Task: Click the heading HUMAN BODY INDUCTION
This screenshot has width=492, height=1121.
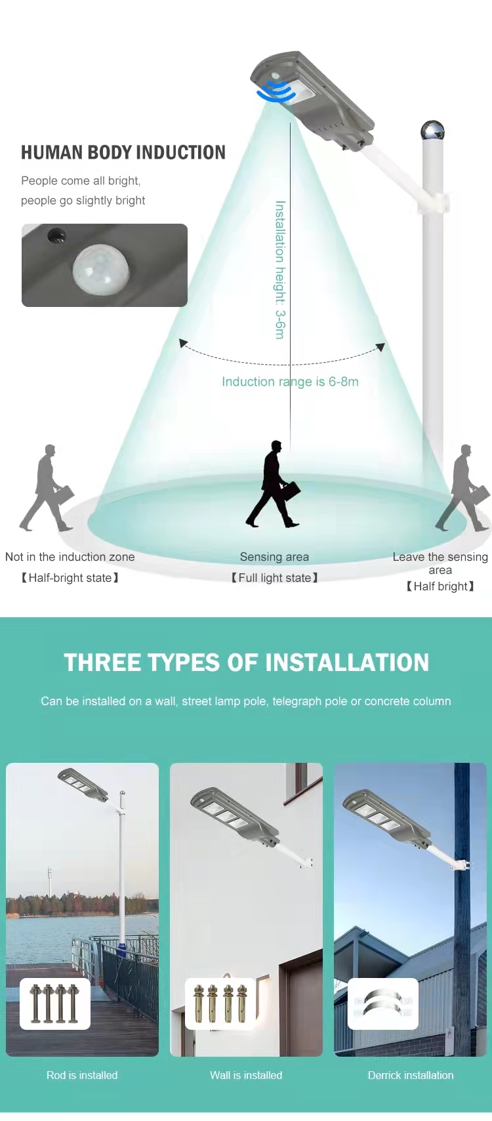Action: pos(123,153)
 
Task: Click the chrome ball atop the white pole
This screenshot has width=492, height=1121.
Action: pos(432,131)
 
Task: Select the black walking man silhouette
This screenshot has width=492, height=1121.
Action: pos(274,484)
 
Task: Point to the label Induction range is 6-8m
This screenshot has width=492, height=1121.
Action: pos(291,382)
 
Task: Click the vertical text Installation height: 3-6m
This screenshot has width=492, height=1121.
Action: pos(280,270)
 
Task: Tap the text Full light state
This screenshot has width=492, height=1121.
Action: pos(275,578)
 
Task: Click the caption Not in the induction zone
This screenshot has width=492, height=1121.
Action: pos(70,557)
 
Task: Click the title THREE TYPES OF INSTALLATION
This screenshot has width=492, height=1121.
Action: pos(246,662)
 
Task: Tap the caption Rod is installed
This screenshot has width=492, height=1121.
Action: pos(82,1075)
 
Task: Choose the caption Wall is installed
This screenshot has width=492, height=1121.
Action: pos(246,1075)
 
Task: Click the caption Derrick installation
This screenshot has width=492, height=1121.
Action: pos(411,1075)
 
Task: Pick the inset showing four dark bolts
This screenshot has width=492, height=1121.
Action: pos(55,1004)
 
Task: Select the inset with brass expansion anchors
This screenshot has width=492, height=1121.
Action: pos(220,1004)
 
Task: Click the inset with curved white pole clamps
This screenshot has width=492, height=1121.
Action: pos(383,1004)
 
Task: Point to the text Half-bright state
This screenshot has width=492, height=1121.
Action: pos(70,578)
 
